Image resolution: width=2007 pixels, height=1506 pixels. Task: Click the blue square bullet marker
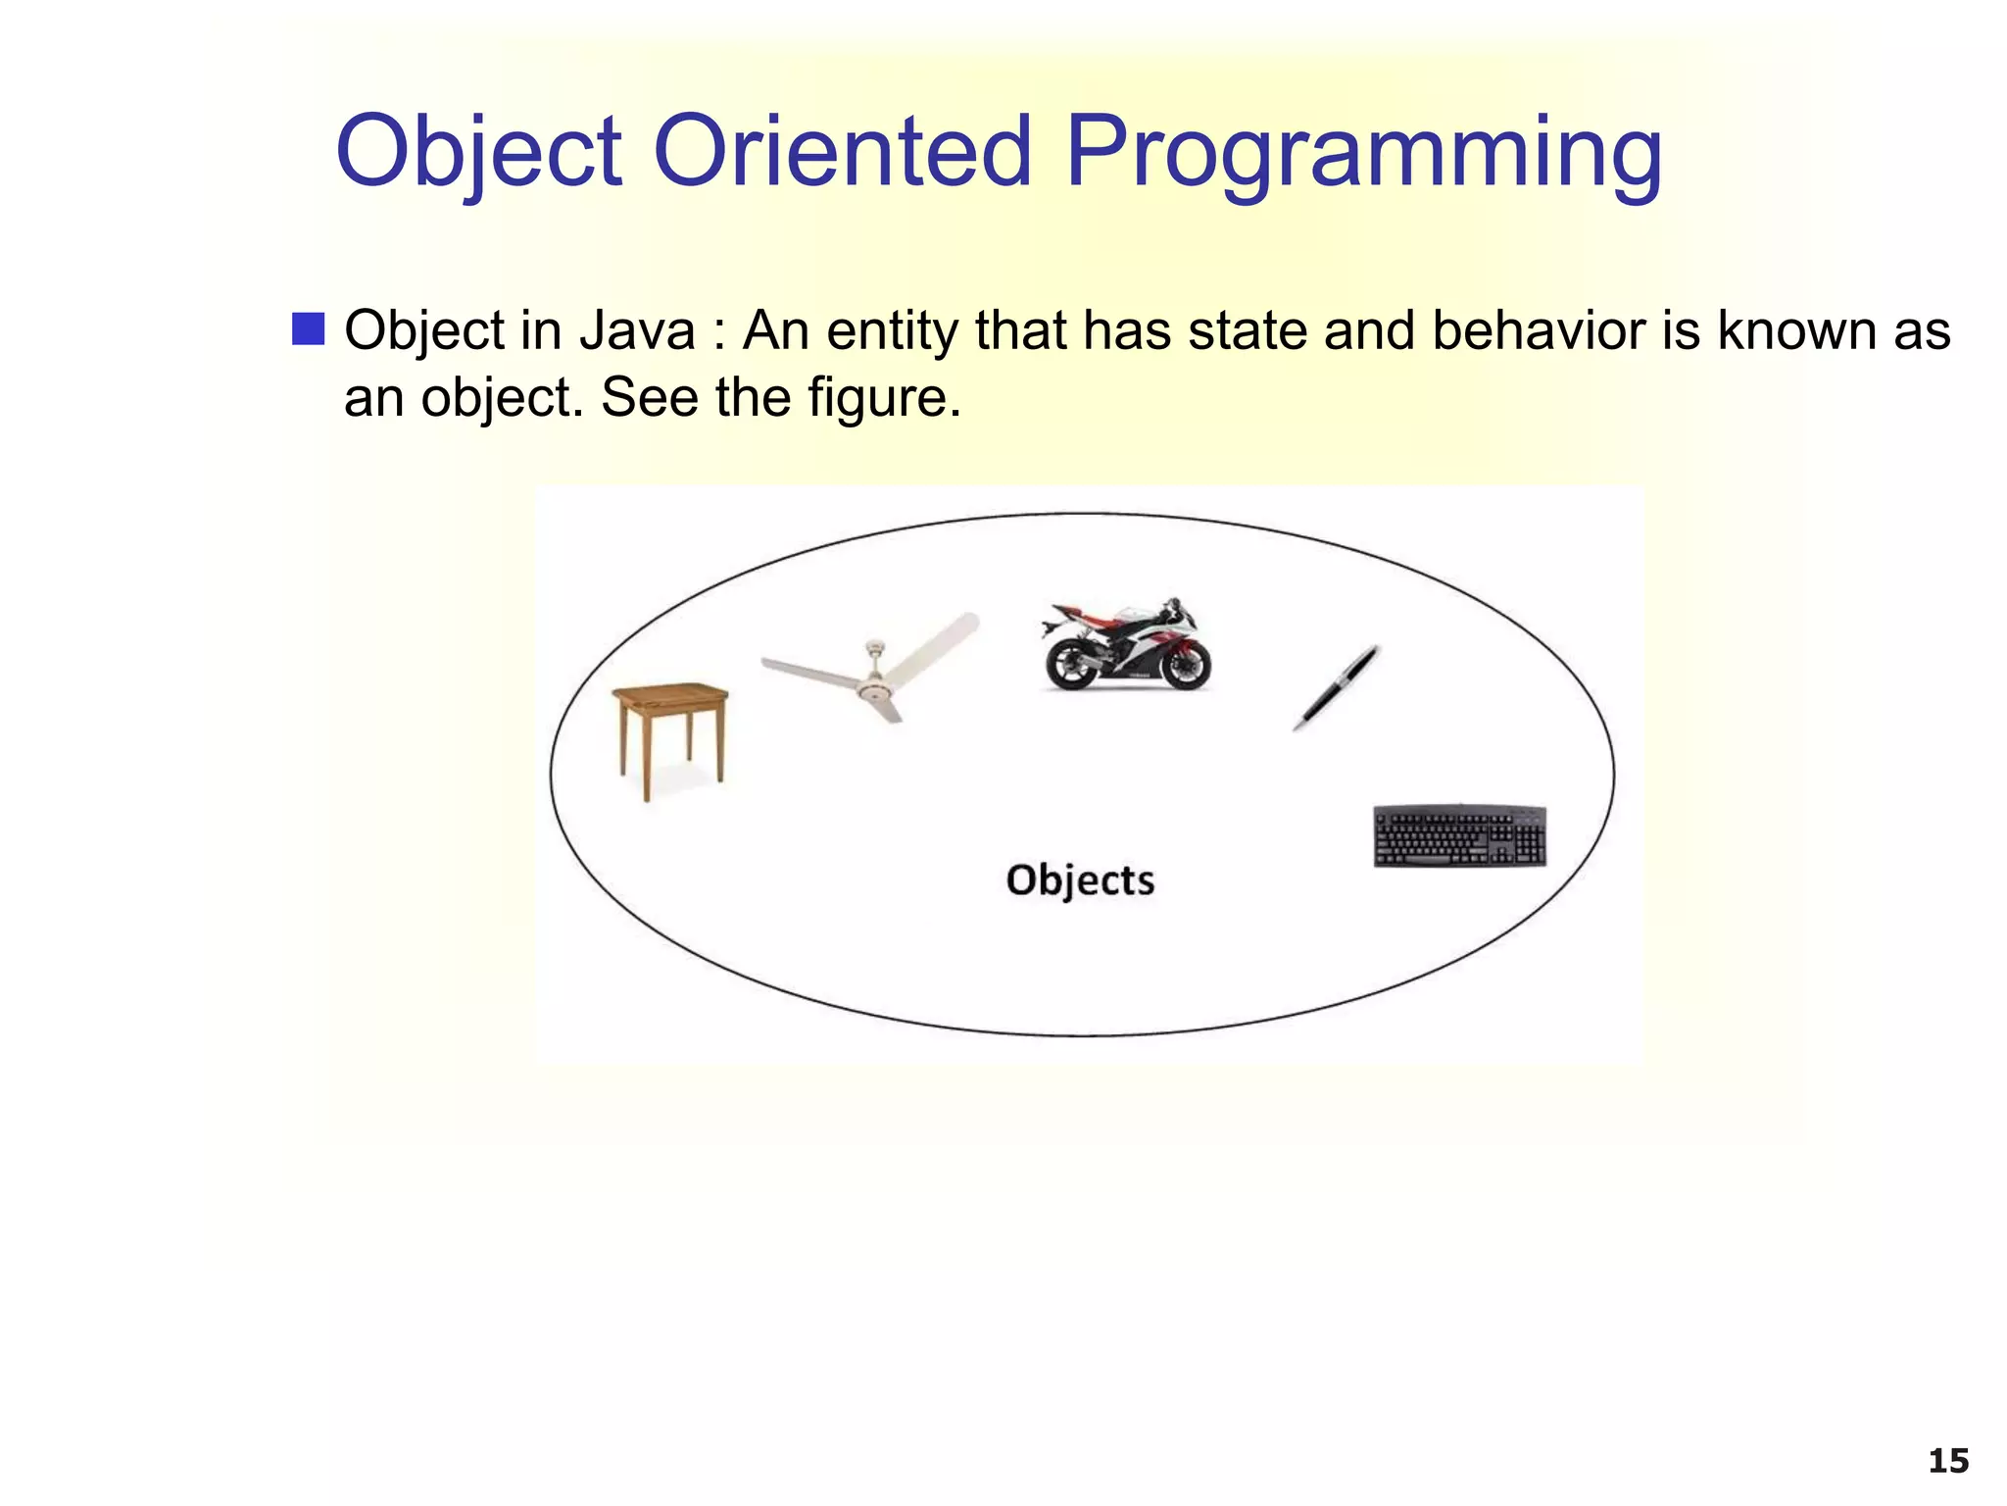tap(308, 329)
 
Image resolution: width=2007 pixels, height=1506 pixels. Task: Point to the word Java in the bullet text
tap(637, 330)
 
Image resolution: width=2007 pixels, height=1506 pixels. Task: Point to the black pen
tap(1336, 687)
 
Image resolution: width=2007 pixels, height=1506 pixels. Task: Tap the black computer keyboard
tap(1459, 835)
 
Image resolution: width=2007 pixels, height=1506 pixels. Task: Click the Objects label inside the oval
tap(1080, 879)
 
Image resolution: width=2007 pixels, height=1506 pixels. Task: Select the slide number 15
tap(1947, 1461)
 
